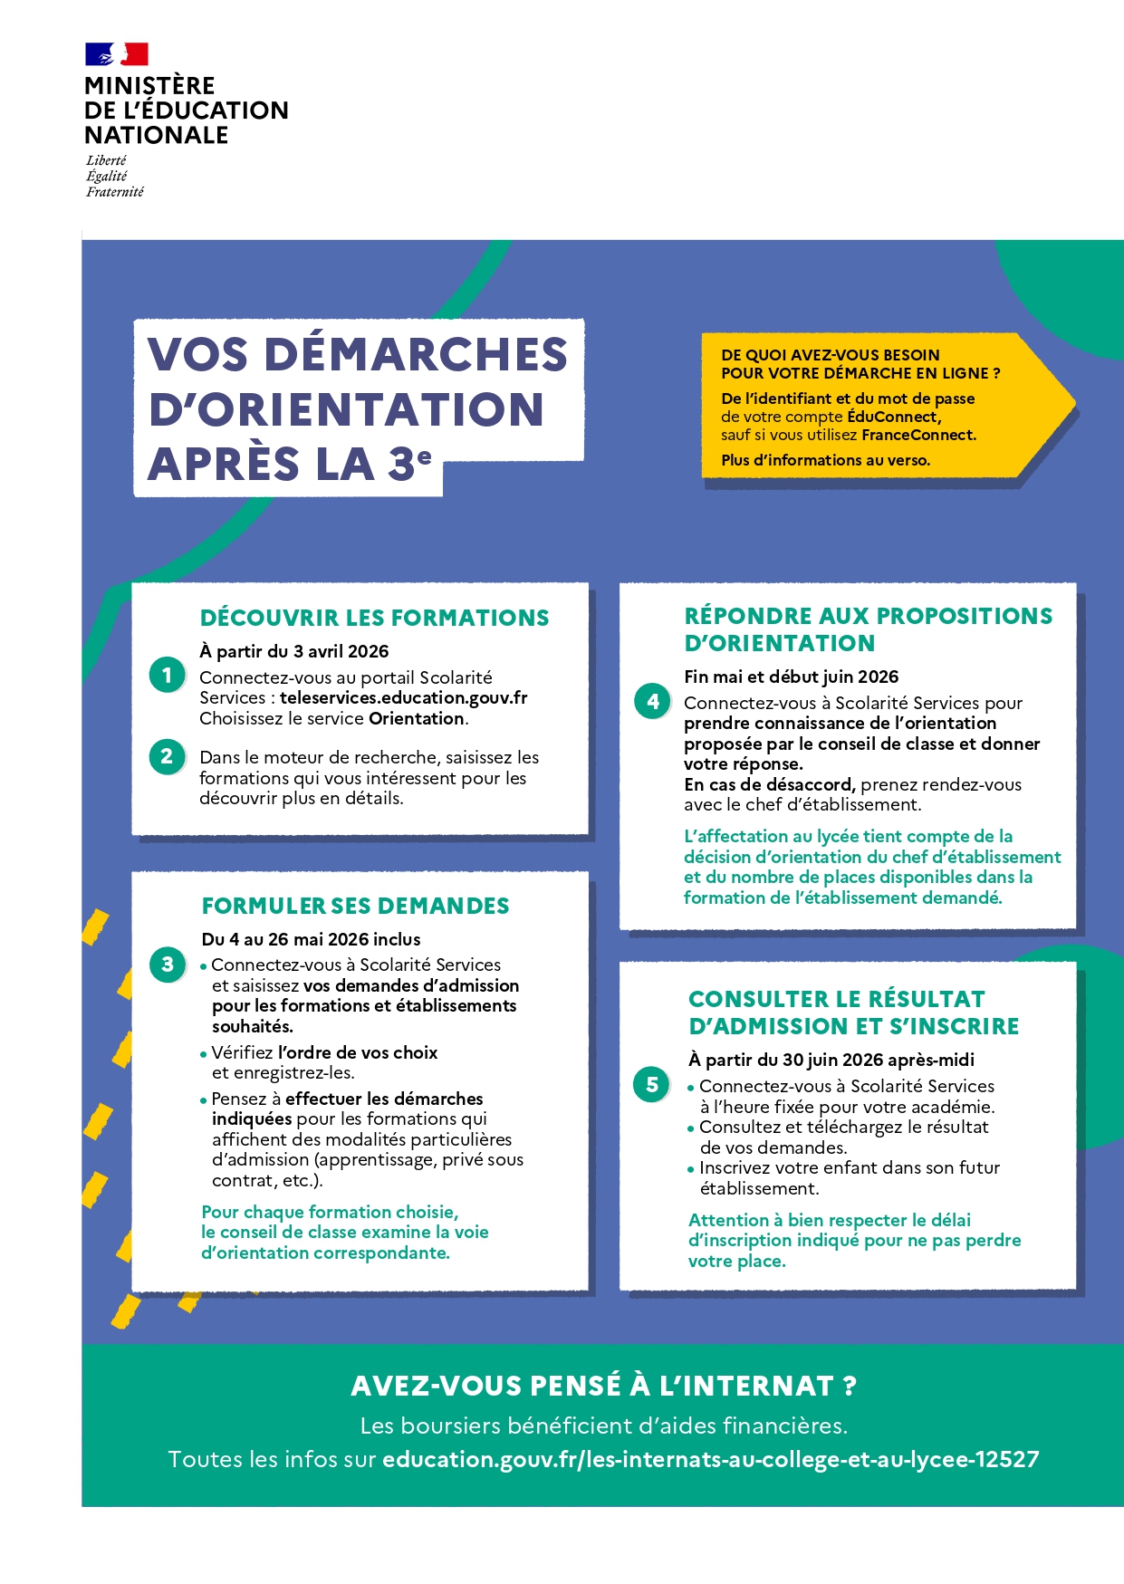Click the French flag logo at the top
(x=117, y=54)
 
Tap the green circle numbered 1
(x=168, y=676)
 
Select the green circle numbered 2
(x=168, y=756)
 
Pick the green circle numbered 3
(x=168, y=965)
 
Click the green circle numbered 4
(x=653, y=701)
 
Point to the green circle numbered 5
(x=652, y=1084)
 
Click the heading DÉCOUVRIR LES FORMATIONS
(x=374, y=619)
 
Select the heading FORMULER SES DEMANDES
(x=355, y=907)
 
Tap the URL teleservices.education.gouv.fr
(x=403, y=698)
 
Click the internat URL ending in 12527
(x=710, y=1460)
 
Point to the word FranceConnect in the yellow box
(x=918, y=436)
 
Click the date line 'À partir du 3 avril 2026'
(x=294, y=651)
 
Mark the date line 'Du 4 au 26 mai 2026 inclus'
(x=311, y=939)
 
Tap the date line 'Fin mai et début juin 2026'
(x=791, y=677)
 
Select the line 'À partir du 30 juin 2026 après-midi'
(x=831, y=1060)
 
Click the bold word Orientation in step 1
(x=417, y=719)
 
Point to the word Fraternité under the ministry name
(x=115, y=192)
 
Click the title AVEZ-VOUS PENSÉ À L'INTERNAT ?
(x=603, y=1386)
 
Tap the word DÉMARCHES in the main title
(x=416, y=354)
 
